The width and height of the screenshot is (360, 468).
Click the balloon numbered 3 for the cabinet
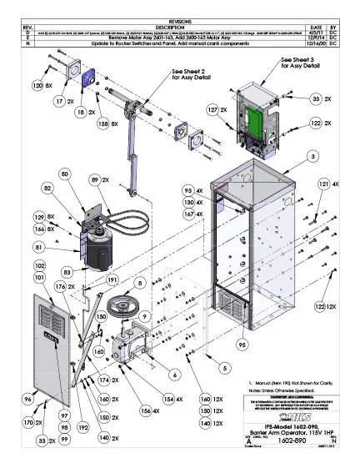[x=311, y=155]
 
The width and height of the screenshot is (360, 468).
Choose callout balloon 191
[x=112, y=280]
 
